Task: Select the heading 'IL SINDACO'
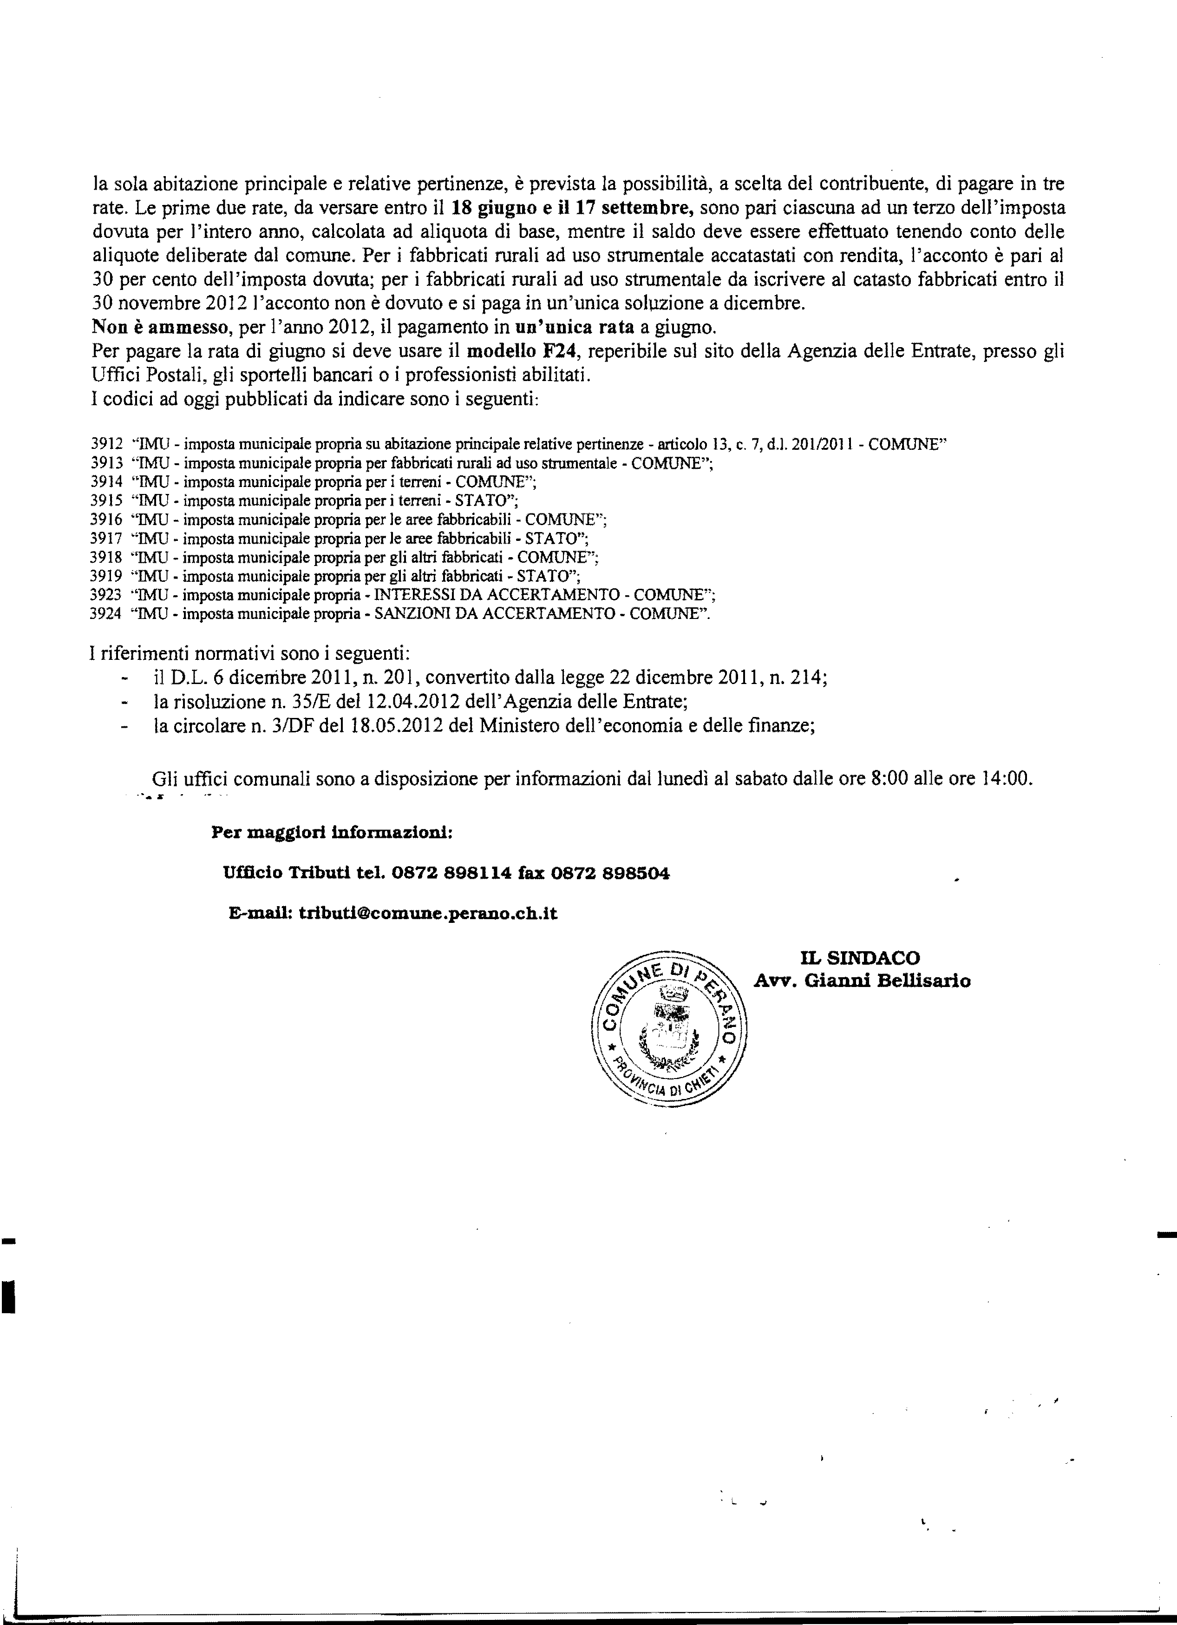tap(860, 958)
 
